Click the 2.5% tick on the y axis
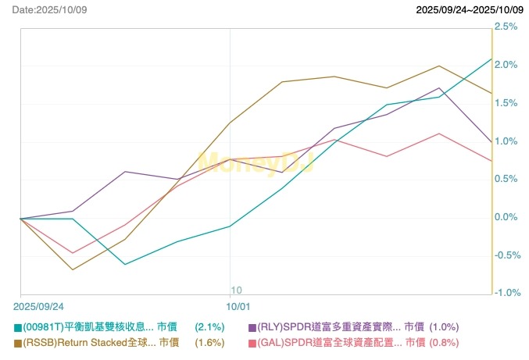506,27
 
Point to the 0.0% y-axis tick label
506,217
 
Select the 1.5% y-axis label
506,103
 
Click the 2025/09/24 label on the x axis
38,306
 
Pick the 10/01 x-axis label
238,306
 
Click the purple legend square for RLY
252,328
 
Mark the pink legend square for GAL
252,343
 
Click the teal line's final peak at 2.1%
491,59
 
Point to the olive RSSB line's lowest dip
73,270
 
